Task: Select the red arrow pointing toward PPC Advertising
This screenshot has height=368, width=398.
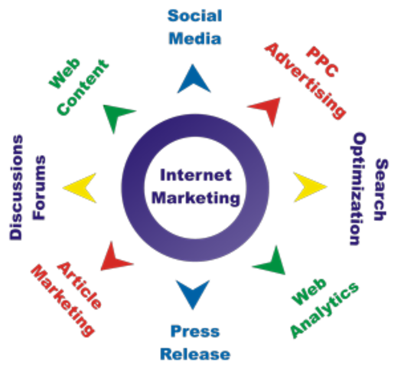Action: pyautogui.click(x=264, y=110)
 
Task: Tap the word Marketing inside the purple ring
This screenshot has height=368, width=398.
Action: pyautogui.click(x=194, y=197)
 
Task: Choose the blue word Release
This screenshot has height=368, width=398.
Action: pyautogui.click(x=194, y=353)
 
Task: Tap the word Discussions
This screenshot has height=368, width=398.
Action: pyautogui.click(x=17, y=187)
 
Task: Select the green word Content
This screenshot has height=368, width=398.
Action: pyautogui.click(x=81, y=90)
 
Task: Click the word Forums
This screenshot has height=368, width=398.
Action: pyautogui.click(x=39, y=187)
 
